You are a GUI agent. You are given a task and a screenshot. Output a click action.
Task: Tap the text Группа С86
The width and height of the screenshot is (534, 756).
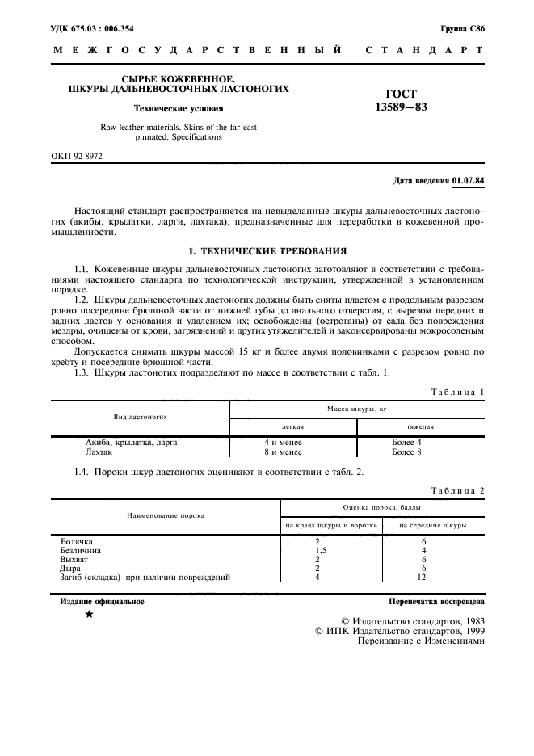[462, 28]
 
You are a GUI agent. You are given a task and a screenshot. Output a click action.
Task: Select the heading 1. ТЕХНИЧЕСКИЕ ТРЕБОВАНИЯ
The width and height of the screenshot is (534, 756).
[267, 251]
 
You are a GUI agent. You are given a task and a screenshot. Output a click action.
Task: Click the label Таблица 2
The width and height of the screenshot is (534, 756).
[458, 490]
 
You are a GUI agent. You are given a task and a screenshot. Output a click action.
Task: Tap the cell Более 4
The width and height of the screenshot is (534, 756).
[406, 443]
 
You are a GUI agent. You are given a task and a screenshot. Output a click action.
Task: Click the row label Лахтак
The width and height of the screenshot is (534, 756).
[100, 452]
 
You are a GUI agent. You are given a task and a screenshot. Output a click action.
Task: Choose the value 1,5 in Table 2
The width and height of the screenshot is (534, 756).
[317, 551]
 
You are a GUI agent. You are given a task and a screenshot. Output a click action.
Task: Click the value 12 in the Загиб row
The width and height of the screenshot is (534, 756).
[423, 577]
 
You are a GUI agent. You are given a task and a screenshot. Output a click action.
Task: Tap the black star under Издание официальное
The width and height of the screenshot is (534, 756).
[89, 615]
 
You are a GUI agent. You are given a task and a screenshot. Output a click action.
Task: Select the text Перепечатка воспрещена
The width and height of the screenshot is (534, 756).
[436, 602]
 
